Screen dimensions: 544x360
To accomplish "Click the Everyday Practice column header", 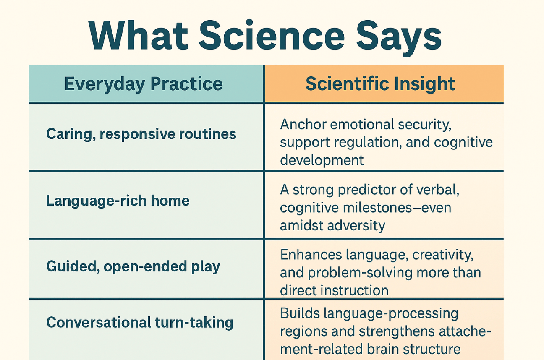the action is (144, 84).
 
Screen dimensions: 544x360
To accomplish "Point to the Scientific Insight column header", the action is (381, 84).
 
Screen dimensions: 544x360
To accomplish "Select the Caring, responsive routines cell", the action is (141, 134).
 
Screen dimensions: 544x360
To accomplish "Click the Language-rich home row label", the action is (118, 201).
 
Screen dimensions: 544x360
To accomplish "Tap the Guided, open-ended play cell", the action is (133, 267).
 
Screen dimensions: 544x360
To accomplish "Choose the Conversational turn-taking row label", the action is (140, 323).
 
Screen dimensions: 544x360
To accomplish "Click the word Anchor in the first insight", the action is (303, 125).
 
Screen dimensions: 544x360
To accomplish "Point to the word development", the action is (322, 160).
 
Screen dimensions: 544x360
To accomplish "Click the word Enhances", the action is (311, 255).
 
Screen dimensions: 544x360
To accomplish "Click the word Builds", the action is (300, 313).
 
